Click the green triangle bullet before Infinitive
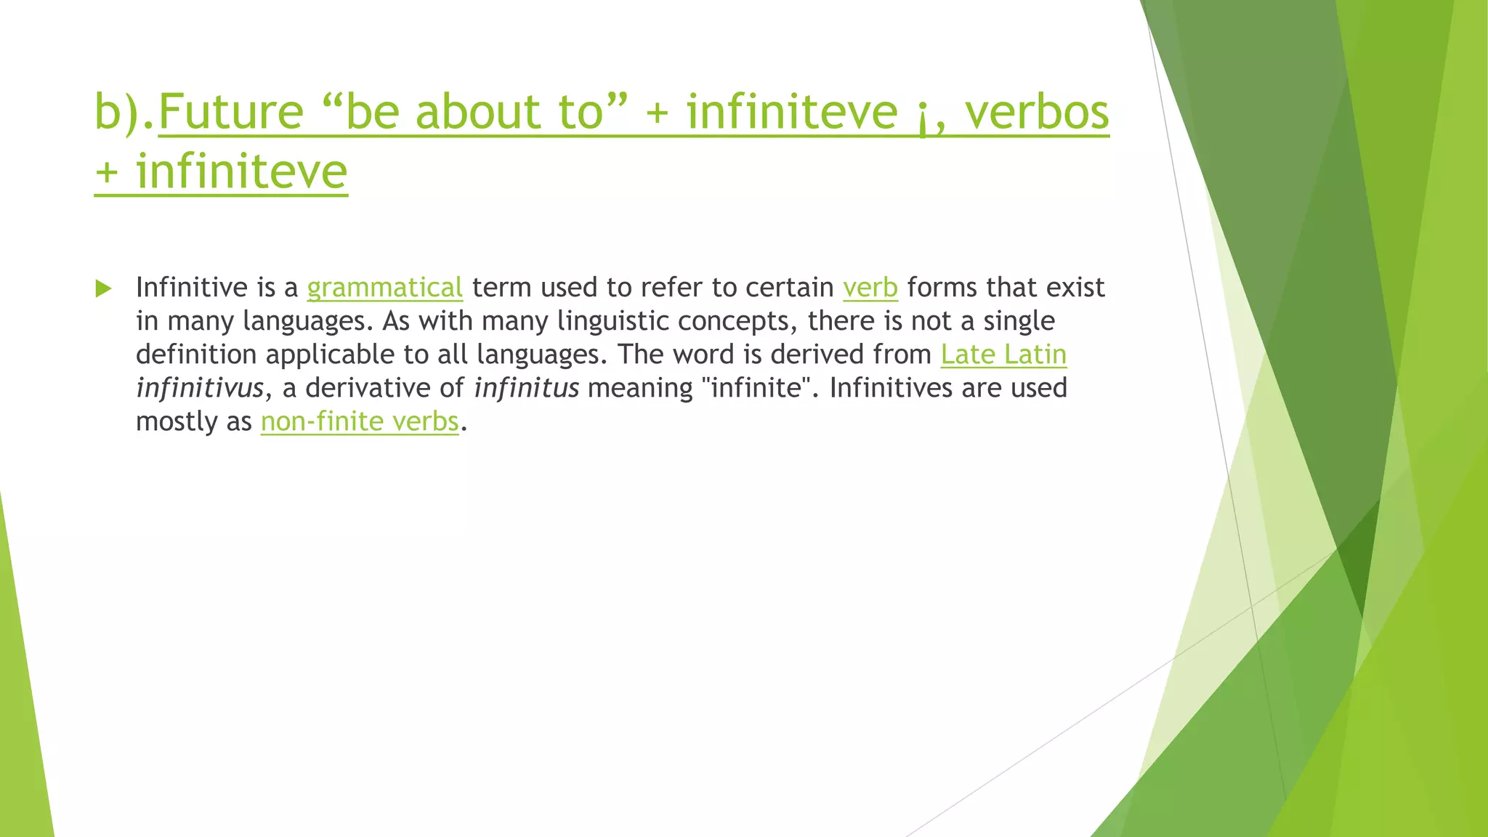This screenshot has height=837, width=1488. tap(103, 288)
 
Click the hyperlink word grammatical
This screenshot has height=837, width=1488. tap(384, 288)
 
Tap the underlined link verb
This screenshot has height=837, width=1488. tap(870, 288)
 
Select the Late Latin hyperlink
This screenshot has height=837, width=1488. tap(1003, 355)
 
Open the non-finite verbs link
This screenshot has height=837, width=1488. tap(360, 421)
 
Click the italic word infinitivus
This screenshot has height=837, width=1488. tap(200, 388)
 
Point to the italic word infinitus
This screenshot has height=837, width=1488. tap(526, 388)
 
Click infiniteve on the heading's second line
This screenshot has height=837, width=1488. tap(242, 172)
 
